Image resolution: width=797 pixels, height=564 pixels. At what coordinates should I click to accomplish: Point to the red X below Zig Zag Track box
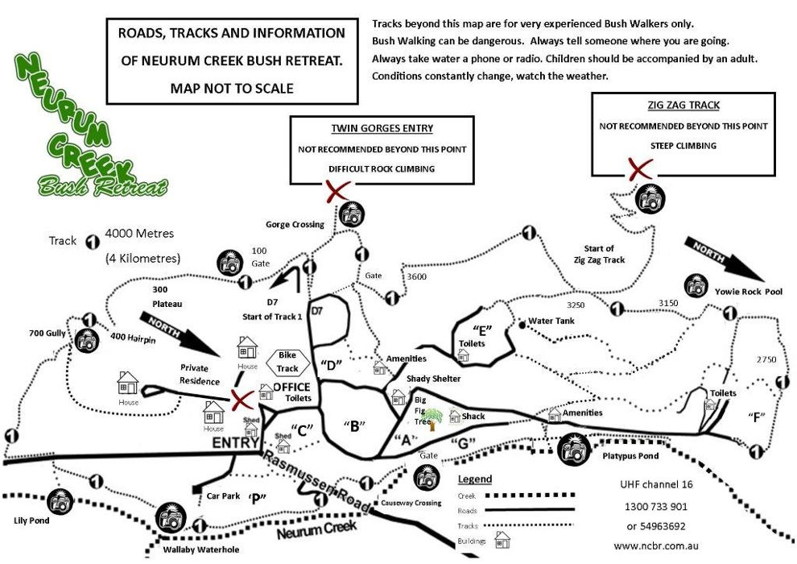tap(639, 169)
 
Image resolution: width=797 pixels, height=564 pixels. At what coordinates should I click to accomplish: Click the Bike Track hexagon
tap(287, 362)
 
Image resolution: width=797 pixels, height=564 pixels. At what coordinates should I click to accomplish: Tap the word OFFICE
tap(291, 388)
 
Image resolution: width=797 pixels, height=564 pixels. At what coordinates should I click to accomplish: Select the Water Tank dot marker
tap(522, 324)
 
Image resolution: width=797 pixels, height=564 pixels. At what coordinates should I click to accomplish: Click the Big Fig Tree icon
tap(433, 417)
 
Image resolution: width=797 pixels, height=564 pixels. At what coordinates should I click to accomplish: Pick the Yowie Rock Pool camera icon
tap(696, 285)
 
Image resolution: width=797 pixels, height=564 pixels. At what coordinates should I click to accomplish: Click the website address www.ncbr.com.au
tap(655, 545)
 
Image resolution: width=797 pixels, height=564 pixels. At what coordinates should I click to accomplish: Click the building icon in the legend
tap(502, 539)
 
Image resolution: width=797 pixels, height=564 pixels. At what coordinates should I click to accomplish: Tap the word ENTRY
tap(235, 443)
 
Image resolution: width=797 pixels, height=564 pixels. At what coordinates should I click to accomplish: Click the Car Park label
tap(224, 496)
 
